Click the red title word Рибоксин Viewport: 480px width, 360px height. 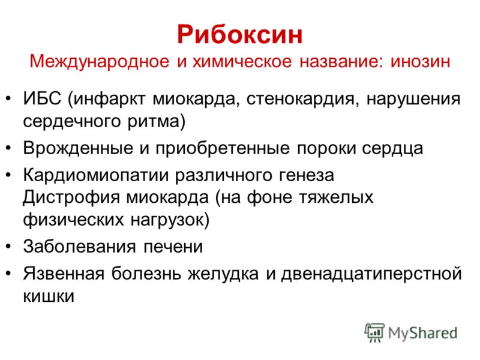coord(239,35)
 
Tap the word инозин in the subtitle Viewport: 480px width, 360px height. coord(421,61)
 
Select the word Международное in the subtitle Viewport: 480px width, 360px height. coord(100,62)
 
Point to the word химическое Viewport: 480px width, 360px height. coord(242,61)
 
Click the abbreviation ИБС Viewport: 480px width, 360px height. coord(42,98)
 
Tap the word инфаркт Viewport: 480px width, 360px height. coord(109,99)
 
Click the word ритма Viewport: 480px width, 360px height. coord(154,122)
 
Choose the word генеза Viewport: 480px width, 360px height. coord(307,176)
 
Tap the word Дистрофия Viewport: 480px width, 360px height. coord(71,197)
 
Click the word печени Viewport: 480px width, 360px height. coord(173,247)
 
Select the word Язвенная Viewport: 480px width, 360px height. coord(64,274)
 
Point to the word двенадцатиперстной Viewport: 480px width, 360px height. coord(371,274)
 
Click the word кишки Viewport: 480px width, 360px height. coord(49,296)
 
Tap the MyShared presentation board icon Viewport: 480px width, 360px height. coord(374,332)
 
